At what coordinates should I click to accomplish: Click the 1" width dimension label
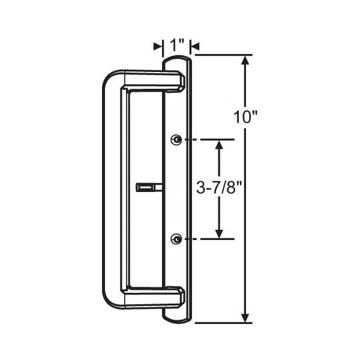(176, 46)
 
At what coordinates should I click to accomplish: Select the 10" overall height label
(245, 116)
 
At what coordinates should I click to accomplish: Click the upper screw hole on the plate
(176, 139)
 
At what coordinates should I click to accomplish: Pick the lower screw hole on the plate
(176, 239)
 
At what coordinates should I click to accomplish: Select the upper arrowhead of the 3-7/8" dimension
(220, 145)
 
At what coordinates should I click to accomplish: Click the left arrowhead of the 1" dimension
(158, 46)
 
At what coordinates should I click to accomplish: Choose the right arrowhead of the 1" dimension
(194, 46)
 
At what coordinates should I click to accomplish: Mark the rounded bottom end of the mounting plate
(177, 318)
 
